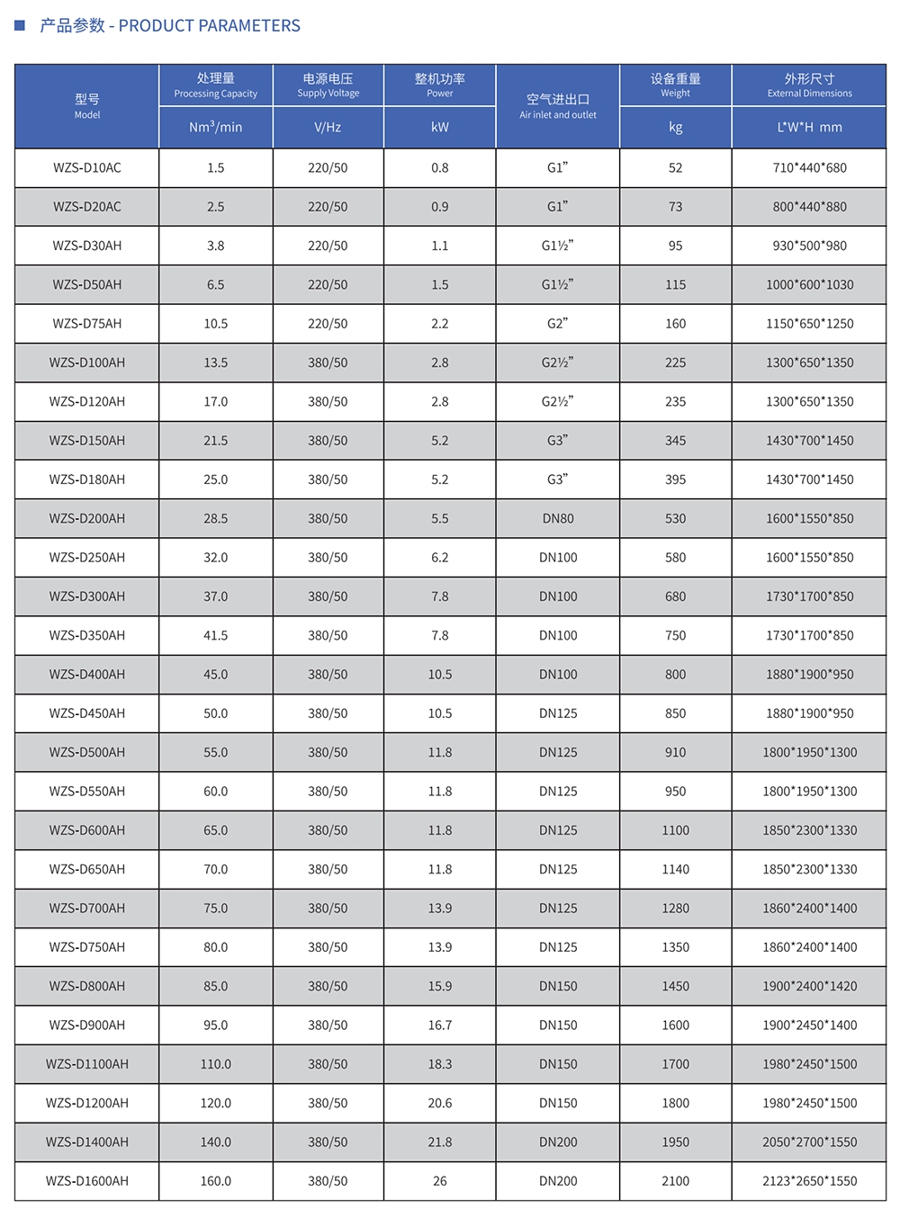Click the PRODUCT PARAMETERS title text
(x=170, y=26)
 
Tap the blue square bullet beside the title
(x=20, y=25)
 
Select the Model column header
(x=87, y=105)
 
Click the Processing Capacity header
(x=216, y=85)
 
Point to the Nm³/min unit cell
(x=216, y=128)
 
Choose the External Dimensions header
(x=809, y=85)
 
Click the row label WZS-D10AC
(x=87, y=168)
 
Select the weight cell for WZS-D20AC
(x=675, y=207)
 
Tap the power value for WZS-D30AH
(x=439, y=246)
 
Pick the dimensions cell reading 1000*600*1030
(x=809, y=285)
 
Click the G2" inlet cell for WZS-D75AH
(x=557, y=324)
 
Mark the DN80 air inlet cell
(x=557, y=519)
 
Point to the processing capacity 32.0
(x=216, y=558)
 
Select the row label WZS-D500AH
(x=87, y=753)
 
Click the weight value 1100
(x=675, y=830)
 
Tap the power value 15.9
(x=439, y=987)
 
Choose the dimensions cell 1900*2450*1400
(x=809, y=1025)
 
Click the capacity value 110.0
(x=216, y=1064)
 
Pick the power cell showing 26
(x=439, y=1181)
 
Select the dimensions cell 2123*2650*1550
(x=809, y=1181)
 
